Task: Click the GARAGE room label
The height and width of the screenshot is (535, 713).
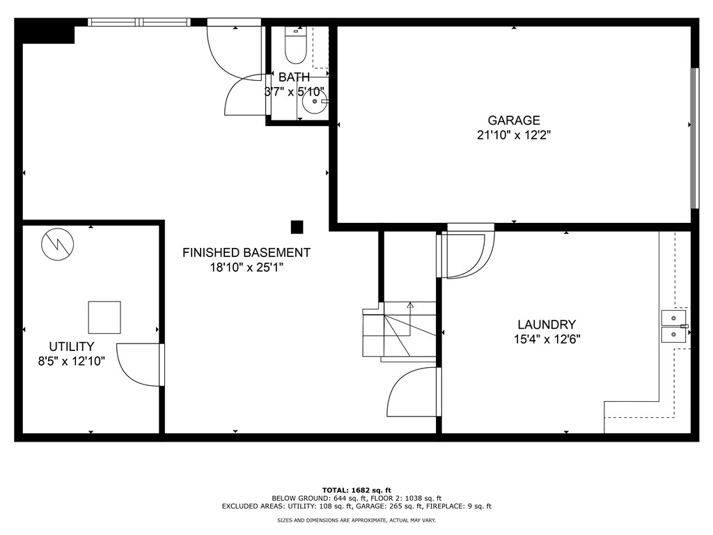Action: pyautogui.click(x=513, y=121)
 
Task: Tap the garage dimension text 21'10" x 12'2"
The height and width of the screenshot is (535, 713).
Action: pyautogui.click(x=513, y=136)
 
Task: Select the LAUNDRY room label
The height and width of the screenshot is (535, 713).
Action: pyautogui.click(x=546, y=325)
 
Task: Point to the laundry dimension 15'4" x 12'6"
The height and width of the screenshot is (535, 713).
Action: pyautogui.click(x=546, y=340)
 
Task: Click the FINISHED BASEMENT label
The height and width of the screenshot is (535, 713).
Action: pyautogui.click(x=246, y=253)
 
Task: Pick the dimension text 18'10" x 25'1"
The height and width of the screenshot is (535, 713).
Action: pyautogui.click(x=246, y=268)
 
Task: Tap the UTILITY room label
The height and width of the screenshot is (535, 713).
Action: pyautogui.click(x=71, y=346)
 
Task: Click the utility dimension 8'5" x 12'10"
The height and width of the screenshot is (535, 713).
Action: pyautogui.click(x=71, y=361)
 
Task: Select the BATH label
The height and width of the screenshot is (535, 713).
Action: pyautogui.click(x=294, y=77)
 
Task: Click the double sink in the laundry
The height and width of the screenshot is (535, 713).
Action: pyautogui.click(x=674, y=326)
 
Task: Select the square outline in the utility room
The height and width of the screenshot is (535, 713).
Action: pyautogui.click(x=104, y=317)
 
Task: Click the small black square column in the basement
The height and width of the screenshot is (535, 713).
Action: pyautogui.click(x=297, y=226)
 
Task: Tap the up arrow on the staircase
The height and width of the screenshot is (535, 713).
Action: pyautogui.click(x=410, y=306)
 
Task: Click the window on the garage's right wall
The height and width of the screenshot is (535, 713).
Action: pyautogui.click(x=694, y=138)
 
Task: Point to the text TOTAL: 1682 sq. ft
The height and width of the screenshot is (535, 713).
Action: pyautogui.click(x=356, y=490)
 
